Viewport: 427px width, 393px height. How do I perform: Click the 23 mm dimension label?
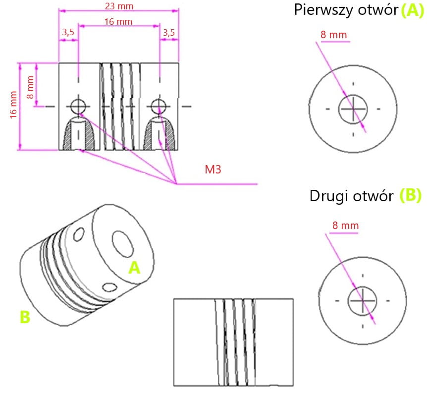(x=118, y=6)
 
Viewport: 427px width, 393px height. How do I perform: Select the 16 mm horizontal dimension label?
(x=118, y=21)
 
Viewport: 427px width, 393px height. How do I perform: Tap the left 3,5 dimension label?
(x=68, y=33)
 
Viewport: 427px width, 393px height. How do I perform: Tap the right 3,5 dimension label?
(x=168, y=33)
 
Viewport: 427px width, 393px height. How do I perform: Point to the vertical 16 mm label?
(x=13, y=106)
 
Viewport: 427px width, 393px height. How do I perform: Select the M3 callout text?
(x=213, y=169)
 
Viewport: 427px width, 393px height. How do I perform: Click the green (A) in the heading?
(x=412, y=9)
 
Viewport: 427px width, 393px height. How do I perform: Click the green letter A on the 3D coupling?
(x=134, y=268)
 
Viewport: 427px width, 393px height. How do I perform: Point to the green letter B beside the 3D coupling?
(x=25, y=317)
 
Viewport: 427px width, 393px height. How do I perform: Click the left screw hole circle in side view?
(x=78, y=106)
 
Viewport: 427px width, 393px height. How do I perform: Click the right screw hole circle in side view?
(x=158, y=106)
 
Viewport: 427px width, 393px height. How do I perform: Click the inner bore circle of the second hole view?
(x=363, y=300)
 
